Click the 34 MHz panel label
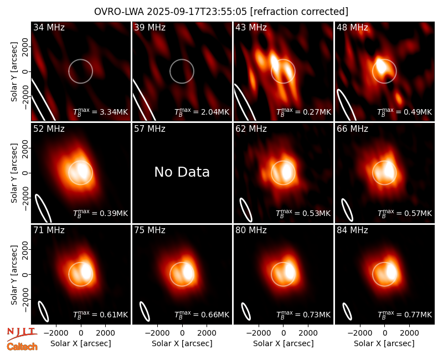click(49, 27)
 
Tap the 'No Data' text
click(182, 172)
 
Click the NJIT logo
click(22, 335)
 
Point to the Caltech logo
click(22, 347)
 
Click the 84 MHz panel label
click(352, 230)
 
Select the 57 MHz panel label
click(150, 129)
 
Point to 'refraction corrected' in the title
click(300, 12)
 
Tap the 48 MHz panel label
click(352, 27)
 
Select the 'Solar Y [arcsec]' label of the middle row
click(14, 173)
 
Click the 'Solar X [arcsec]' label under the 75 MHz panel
click(182, 343)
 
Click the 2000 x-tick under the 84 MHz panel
click(409, 333)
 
